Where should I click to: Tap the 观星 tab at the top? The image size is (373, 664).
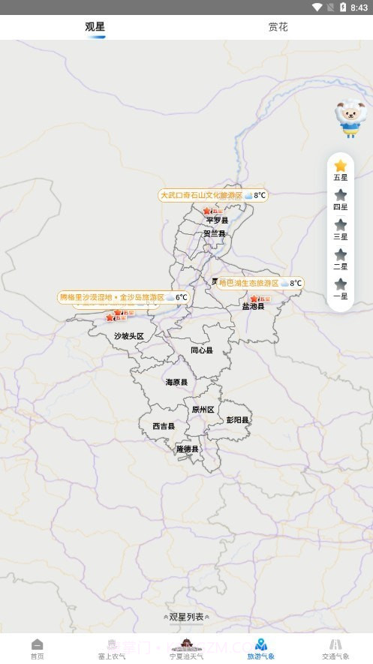[x=95, y=27]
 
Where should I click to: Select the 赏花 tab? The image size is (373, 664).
[x=278, y=27]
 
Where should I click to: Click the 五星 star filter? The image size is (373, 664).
[x=340, y=170]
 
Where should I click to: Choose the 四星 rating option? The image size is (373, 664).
[x=340, y=200]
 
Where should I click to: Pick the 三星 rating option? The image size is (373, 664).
[x=340, y=229]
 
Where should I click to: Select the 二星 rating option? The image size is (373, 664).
[x=340, y=259]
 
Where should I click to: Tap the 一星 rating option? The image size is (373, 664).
[x=340, y=288]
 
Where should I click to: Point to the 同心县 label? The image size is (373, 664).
[x=201, y=350]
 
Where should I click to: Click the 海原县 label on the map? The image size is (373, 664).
[x=176, y=382]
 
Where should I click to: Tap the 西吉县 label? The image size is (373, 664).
[x=163, y=426]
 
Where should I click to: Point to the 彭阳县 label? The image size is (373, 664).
[x=238, y=420]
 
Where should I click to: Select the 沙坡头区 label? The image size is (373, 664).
[x=128, y=336]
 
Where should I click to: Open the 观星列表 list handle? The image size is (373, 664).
[x=186, y=617]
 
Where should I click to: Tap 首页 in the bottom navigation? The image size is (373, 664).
[x=37, y=648]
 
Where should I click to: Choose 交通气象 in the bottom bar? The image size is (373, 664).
[x=335, y=648]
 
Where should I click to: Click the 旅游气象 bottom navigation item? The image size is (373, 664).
[x=260, y=648]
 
